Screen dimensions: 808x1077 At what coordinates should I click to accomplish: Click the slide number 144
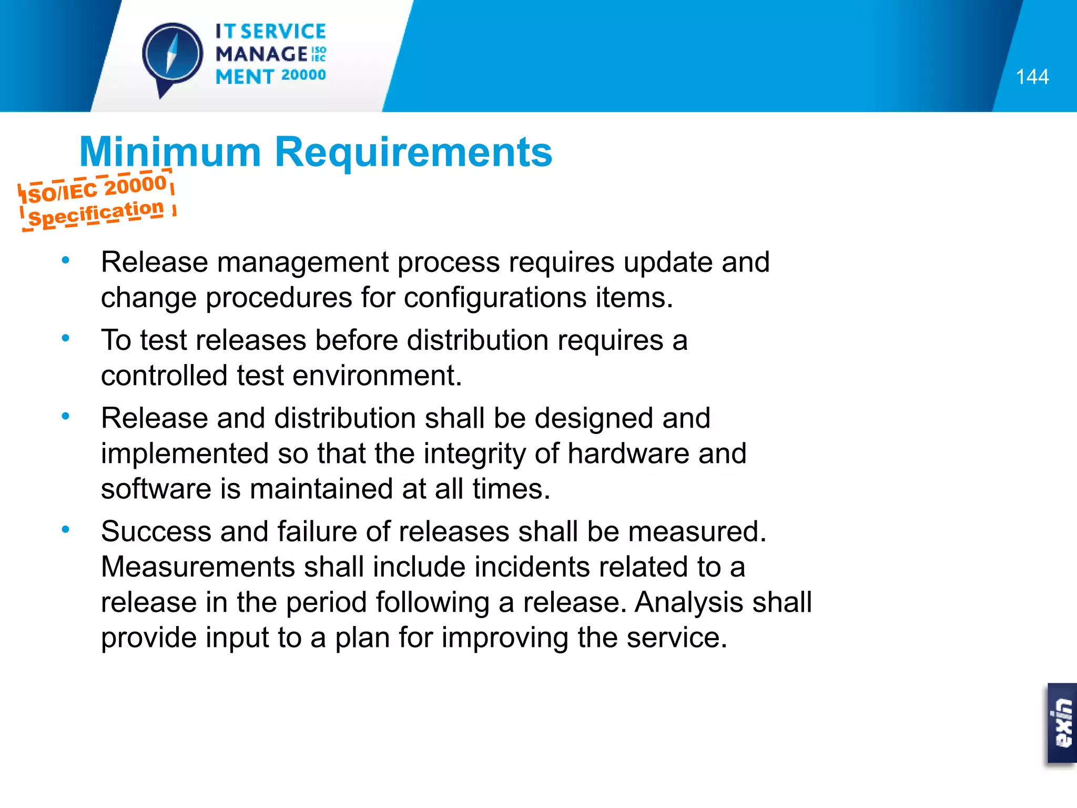(x=1032, y=77)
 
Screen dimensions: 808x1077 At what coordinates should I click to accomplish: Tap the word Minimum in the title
(x=170, y=152)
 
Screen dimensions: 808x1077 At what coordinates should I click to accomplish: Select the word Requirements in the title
(x=413, y=152)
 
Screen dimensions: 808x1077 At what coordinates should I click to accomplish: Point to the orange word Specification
(x=96, y=214)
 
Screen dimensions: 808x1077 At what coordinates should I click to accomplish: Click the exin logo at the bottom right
(x=1063, y=723)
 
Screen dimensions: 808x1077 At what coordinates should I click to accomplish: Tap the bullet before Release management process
(x=65, y=260)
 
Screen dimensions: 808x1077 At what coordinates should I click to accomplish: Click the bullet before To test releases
(x=65, y=338)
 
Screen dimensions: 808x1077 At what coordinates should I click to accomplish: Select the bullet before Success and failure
(x=65, y=529)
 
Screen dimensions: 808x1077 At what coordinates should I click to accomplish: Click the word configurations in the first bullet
(x=495, y=298)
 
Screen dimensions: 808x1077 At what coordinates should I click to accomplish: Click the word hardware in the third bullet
(x=628, y=453)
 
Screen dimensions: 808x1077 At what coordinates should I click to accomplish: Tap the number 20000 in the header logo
(x=303, y=75)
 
